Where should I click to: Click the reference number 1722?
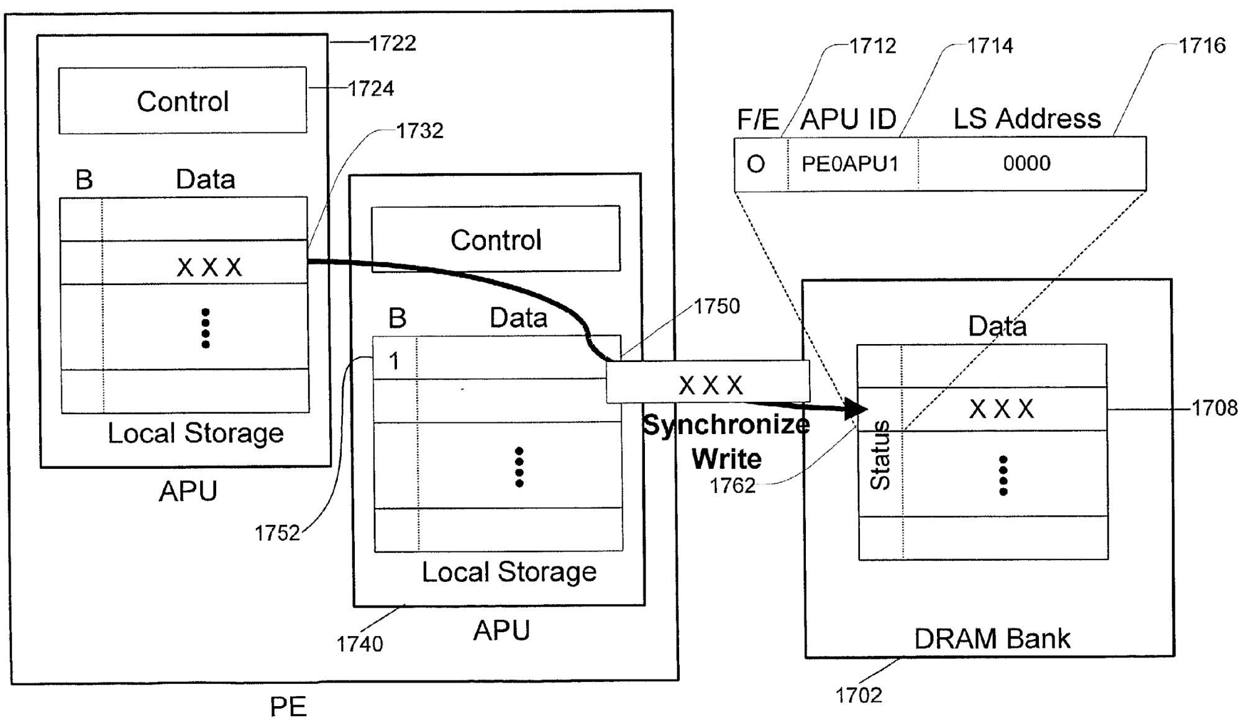[393, 43]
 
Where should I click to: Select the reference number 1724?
[371, 89]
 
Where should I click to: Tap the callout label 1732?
[420, 131]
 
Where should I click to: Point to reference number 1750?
[717, 306]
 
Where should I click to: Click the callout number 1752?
[277, 533]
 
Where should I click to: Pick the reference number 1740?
[360, 644]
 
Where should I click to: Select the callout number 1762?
[733, 485]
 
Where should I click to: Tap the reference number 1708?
[1214, 408]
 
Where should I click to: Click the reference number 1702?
[859, 695]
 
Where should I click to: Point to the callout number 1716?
[1202, 45]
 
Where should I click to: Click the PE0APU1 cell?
[850, 164]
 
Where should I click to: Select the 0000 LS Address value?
[1026, 163]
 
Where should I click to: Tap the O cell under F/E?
[756, 165]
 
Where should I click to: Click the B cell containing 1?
[394, 361]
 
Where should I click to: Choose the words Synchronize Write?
[726, 442]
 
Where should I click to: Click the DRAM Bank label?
[992, 638]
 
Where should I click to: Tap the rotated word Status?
[880, 455]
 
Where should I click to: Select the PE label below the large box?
[288, 707]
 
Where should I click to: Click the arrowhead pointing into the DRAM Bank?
[857, 409]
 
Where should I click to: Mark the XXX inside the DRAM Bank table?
[1002, 409]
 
